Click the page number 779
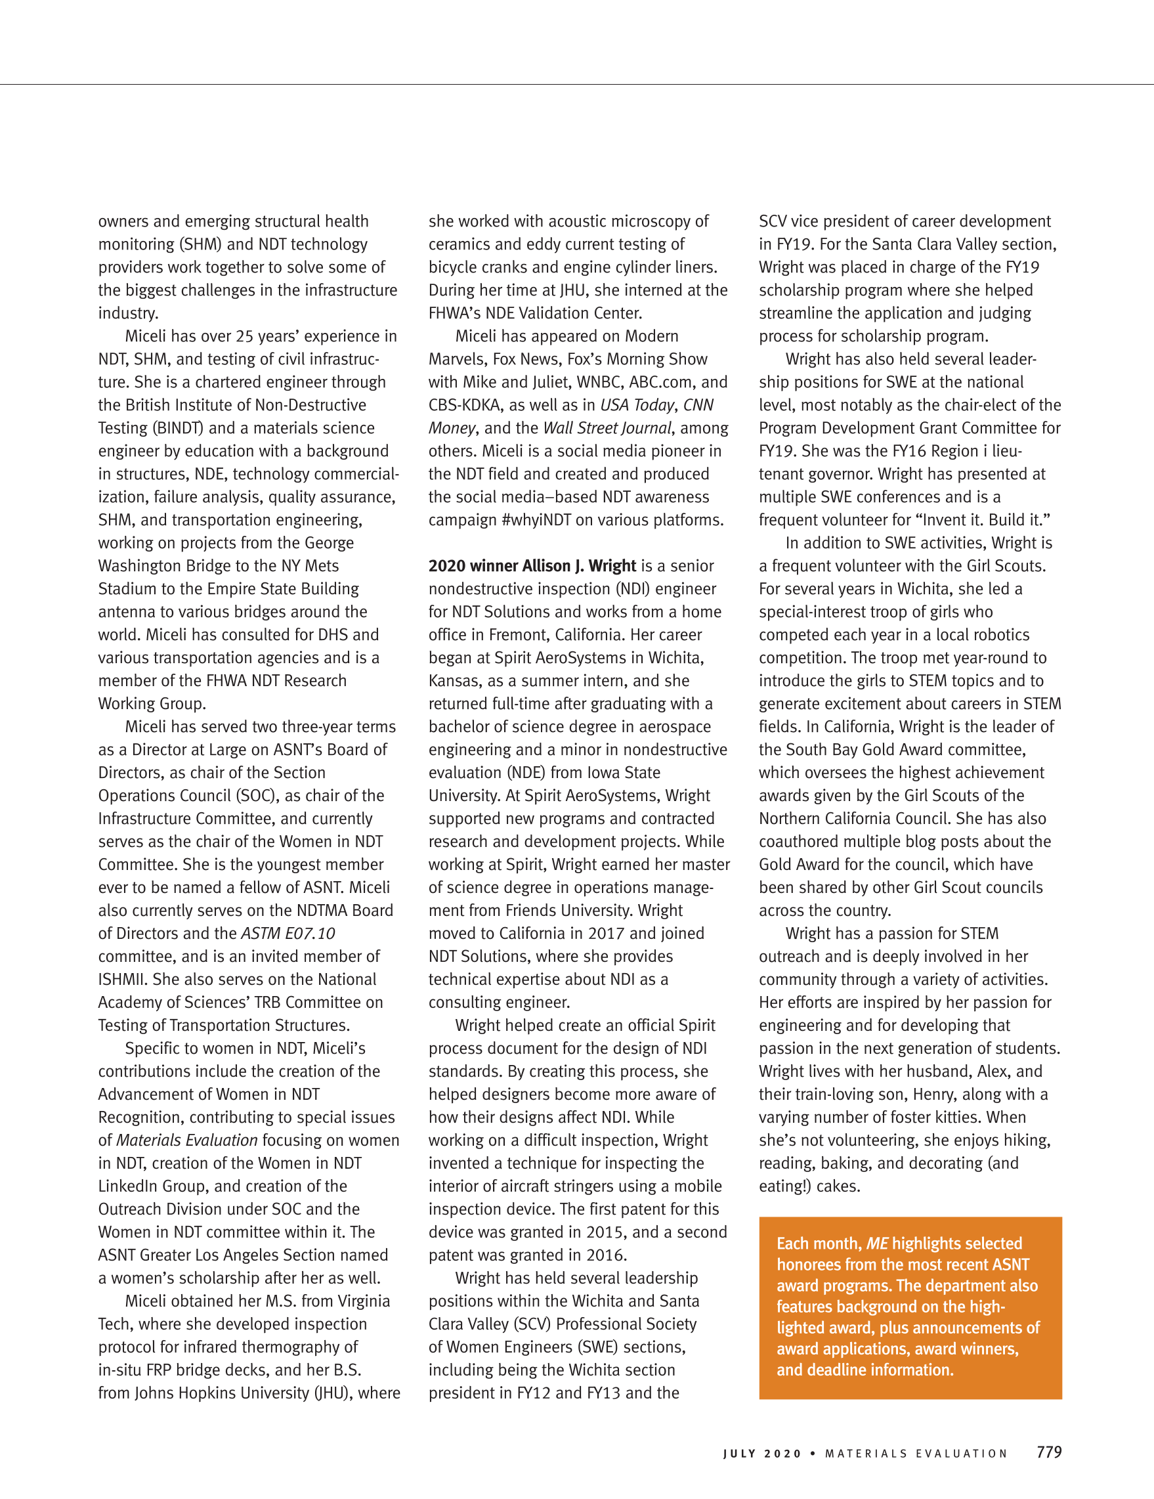1049,1452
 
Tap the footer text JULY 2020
762,1454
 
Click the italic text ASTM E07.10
288,934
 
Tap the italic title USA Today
637,405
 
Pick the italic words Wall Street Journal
607,427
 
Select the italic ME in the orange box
877,1244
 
